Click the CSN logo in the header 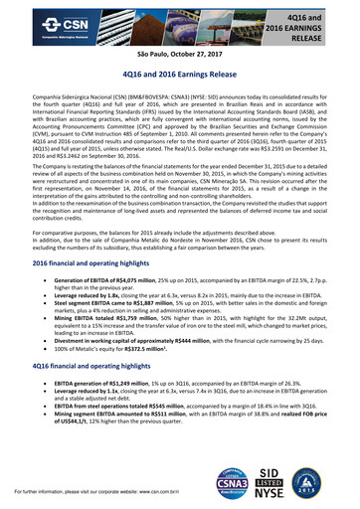coord(38,21)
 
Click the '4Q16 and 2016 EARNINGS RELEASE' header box coord(320,22)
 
